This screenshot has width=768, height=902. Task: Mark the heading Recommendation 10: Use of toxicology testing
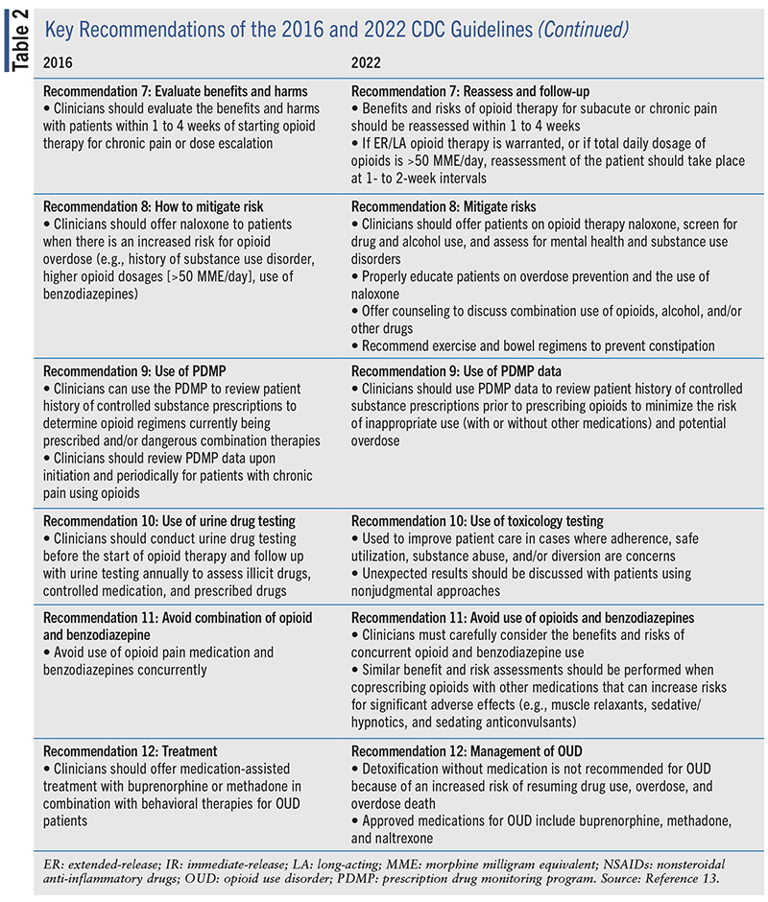(477, 521)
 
